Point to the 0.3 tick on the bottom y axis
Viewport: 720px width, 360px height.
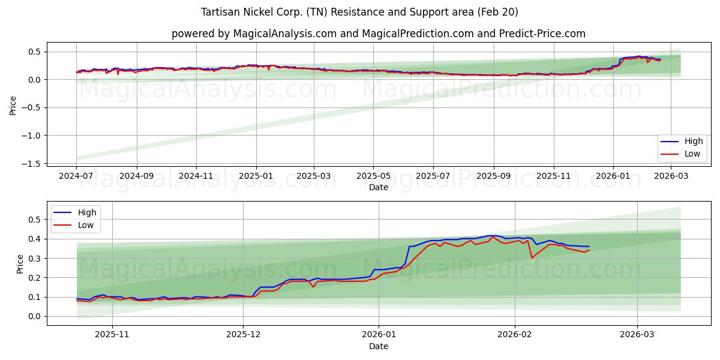pos(35,259)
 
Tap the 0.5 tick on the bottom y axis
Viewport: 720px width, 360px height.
pos(35,220)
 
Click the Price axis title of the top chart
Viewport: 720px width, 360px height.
pos(13,106)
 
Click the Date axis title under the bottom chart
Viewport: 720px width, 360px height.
pos(378,346)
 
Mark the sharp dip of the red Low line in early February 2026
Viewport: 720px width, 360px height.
pos(532,258)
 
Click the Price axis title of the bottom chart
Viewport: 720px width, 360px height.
pos(20,264)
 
